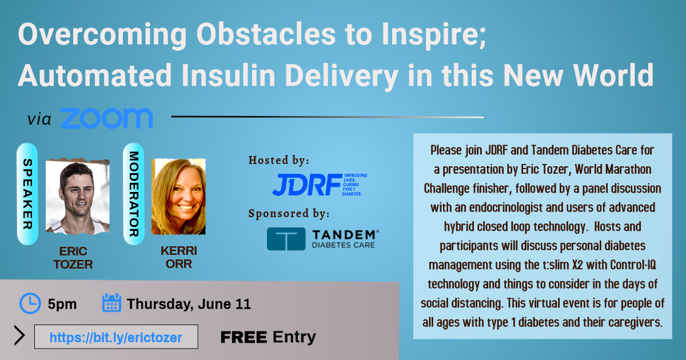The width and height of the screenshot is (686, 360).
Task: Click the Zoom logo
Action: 106,118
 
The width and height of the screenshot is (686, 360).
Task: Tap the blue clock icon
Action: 30,303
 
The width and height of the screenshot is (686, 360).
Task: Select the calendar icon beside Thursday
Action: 111,302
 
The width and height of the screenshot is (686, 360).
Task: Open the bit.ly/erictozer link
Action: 115,337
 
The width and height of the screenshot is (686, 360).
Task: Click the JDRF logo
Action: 320,185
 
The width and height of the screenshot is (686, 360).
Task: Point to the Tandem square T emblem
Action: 286,239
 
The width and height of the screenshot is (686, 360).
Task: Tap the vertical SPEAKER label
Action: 27,194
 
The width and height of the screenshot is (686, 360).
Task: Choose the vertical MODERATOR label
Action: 134,194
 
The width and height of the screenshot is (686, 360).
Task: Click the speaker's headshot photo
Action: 78,197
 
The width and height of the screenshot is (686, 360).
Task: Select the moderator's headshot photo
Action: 178,197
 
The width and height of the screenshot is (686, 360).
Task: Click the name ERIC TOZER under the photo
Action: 73,258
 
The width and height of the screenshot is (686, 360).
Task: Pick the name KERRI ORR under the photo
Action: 179,257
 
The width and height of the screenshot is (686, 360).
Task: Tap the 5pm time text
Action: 62,304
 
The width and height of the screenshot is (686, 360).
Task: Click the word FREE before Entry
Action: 244,337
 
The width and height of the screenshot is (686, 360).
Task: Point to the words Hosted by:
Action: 279,160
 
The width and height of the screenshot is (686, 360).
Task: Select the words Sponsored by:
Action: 289,213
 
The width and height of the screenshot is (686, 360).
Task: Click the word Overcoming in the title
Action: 102,35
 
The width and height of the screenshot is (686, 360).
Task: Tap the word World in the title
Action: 613,75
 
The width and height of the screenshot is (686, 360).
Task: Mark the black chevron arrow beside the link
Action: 19,335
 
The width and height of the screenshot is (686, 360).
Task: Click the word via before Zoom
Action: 39,119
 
